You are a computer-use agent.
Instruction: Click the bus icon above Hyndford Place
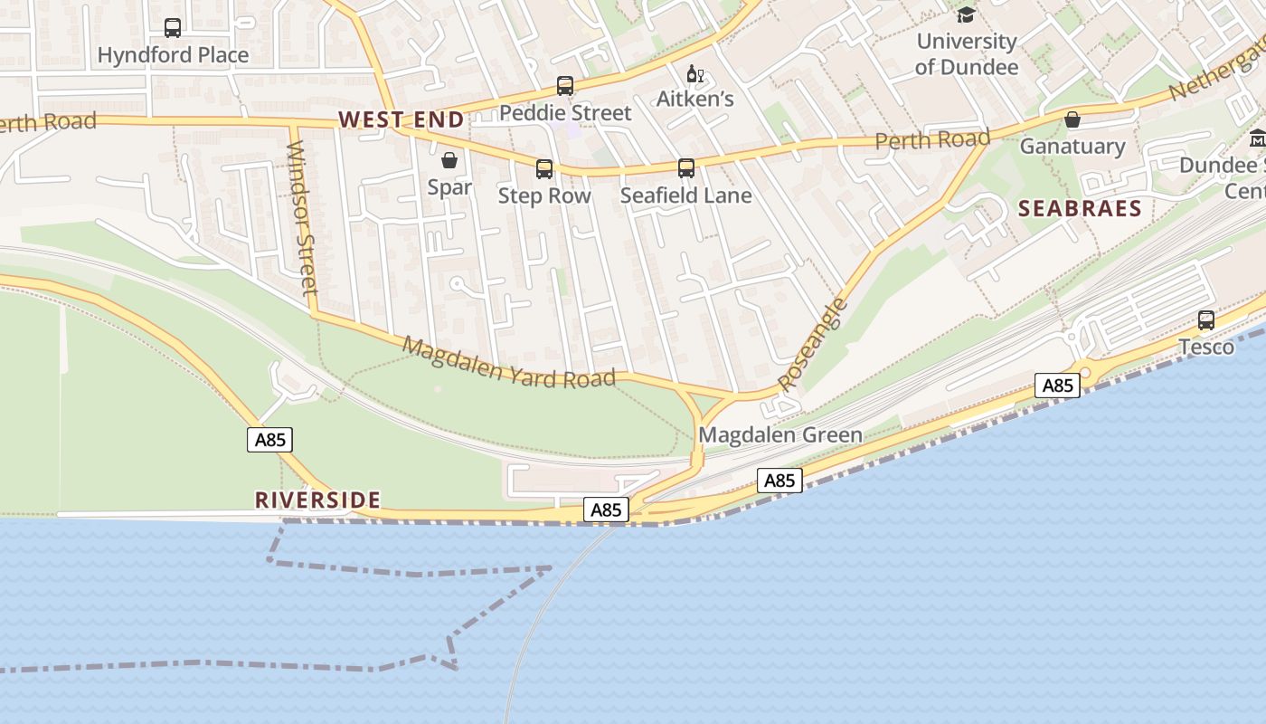point(172,27)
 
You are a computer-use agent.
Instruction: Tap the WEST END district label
point(401,119)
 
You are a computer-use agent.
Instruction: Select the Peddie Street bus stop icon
point(565,86)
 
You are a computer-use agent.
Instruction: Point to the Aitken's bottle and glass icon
point(694,73)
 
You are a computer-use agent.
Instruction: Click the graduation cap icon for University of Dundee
point(966,14)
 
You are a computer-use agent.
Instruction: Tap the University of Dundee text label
point(966,54)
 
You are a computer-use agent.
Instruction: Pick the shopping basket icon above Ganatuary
point(1072,119)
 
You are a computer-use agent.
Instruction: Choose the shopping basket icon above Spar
point(449,161)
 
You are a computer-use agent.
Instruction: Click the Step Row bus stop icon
point(544,168)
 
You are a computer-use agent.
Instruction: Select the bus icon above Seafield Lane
point(686,167)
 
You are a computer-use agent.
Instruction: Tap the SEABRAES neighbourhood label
point(1080,209)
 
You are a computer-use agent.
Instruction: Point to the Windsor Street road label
point(302,217)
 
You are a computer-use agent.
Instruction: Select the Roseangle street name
point(813,344)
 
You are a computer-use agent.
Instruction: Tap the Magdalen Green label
point(780,435)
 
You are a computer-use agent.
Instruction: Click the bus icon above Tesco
point(1206,319)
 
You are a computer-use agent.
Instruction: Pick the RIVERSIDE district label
point(317,500)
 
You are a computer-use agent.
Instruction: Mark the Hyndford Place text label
point(173,55)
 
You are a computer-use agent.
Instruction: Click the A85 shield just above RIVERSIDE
point(270,440)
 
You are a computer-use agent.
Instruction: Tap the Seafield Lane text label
point(685,195)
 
